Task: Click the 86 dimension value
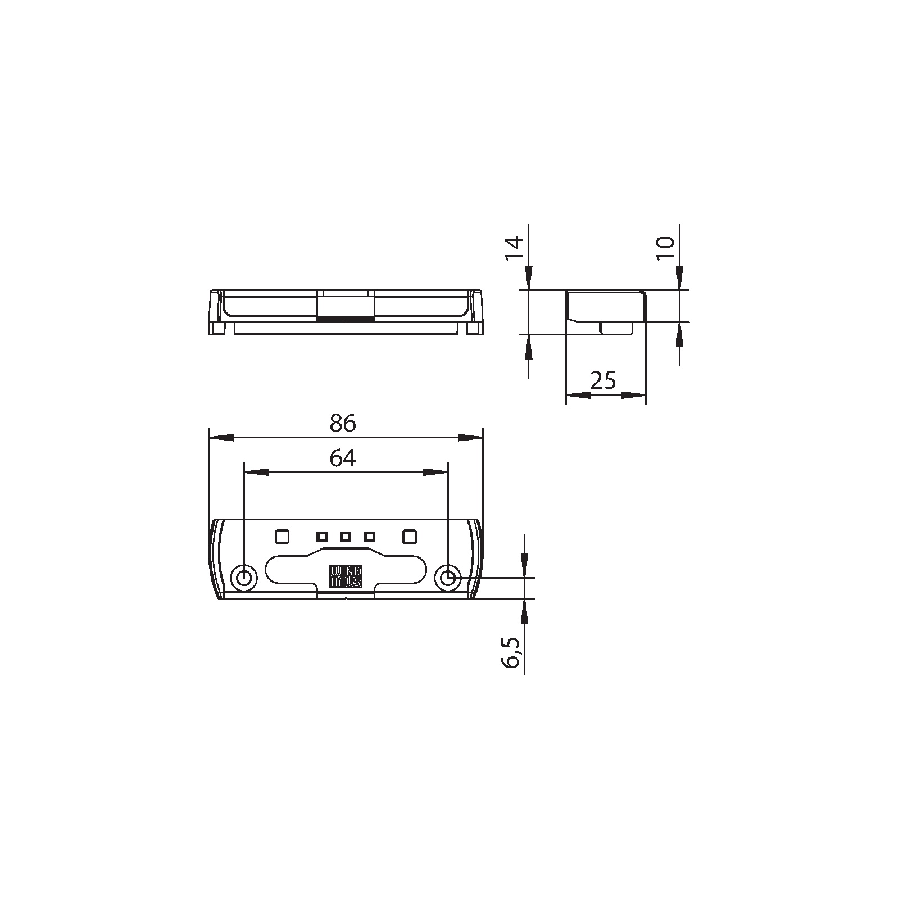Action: pyautogui.click(x=343, y=424)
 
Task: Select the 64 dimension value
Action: pyautogui.click(x=343, y=458)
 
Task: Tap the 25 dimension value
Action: pyautogui.click(x=604, y=381)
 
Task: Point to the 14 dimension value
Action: pyautogui.click(x=514, y=248)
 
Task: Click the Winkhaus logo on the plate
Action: pyautogui.click(x=346, y=576)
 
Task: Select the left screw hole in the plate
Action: pyautogui.click(x=244, y=578)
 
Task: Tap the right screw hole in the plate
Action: pyautogui.click(x=448, y=578)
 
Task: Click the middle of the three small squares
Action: pyautogui.click(x=346, y=537)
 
